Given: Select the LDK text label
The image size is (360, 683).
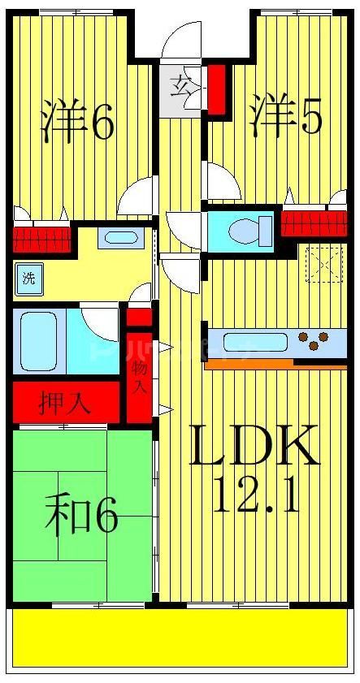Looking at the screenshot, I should click(x=254, y=445).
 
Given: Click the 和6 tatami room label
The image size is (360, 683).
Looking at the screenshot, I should click(x=81, y=517).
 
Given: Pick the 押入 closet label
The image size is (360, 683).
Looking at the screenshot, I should click(x=67, y=402).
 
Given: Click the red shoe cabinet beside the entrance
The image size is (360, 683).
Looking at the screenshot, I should click(x=217, y=89).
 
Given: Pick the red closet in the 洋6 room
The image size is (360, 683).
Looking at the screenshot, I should click(x=41, y=238).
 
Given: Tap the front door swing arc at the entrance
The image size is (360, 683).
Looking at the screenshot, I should click(x=180, y=41).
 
